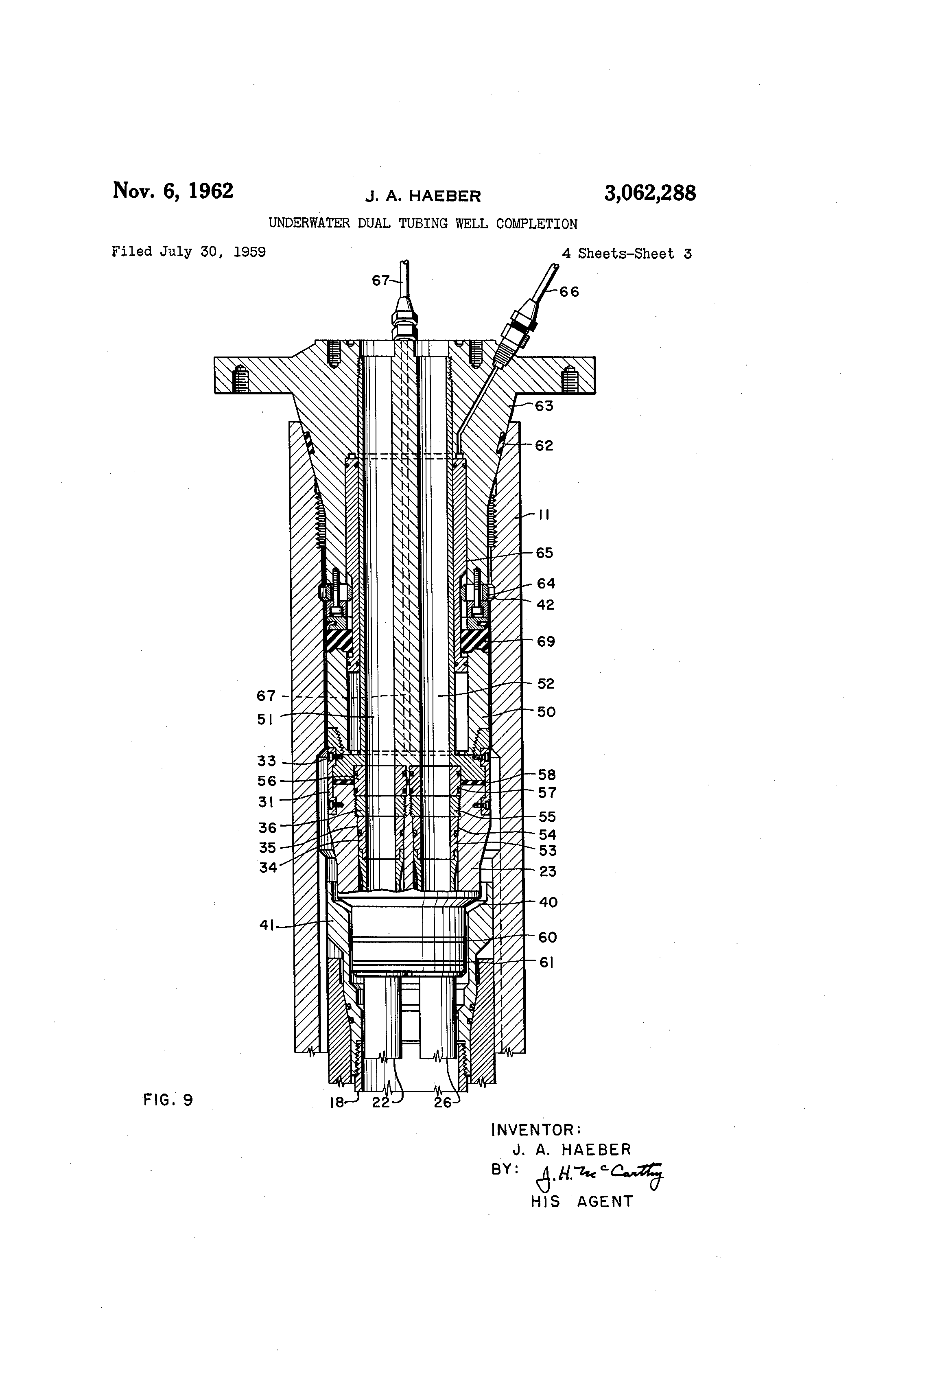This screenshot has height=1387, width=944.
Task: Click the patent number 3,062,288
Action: point(650,193)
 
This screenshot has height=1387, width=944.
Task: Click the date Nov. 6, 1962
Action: point(173,191)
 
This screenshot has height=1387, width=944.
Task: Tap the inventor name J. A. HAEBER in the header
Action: point(423,196)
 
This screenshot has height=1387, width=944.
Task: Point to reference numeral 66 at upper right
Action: point(569,292)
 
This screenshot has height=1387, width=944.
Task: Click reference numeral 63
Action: point(544,407)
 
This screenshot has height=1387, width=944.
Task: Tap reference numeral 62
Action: point(544,446)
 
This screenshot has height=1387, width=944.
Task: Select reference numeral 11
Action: point(544,514)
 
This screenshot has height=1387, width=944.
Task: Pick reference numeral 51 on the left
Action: point(266,720)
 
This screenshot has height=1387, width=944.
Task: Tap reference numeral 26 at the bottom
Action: point(443,1103)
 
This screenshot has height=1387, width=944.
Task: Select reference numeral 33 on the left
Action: point(267,761)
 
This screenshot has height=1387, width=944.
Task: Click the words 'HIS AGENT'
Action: point(582,1201)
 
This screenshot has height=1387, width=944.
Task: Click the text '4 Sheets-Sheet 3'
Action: point(627,254)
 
